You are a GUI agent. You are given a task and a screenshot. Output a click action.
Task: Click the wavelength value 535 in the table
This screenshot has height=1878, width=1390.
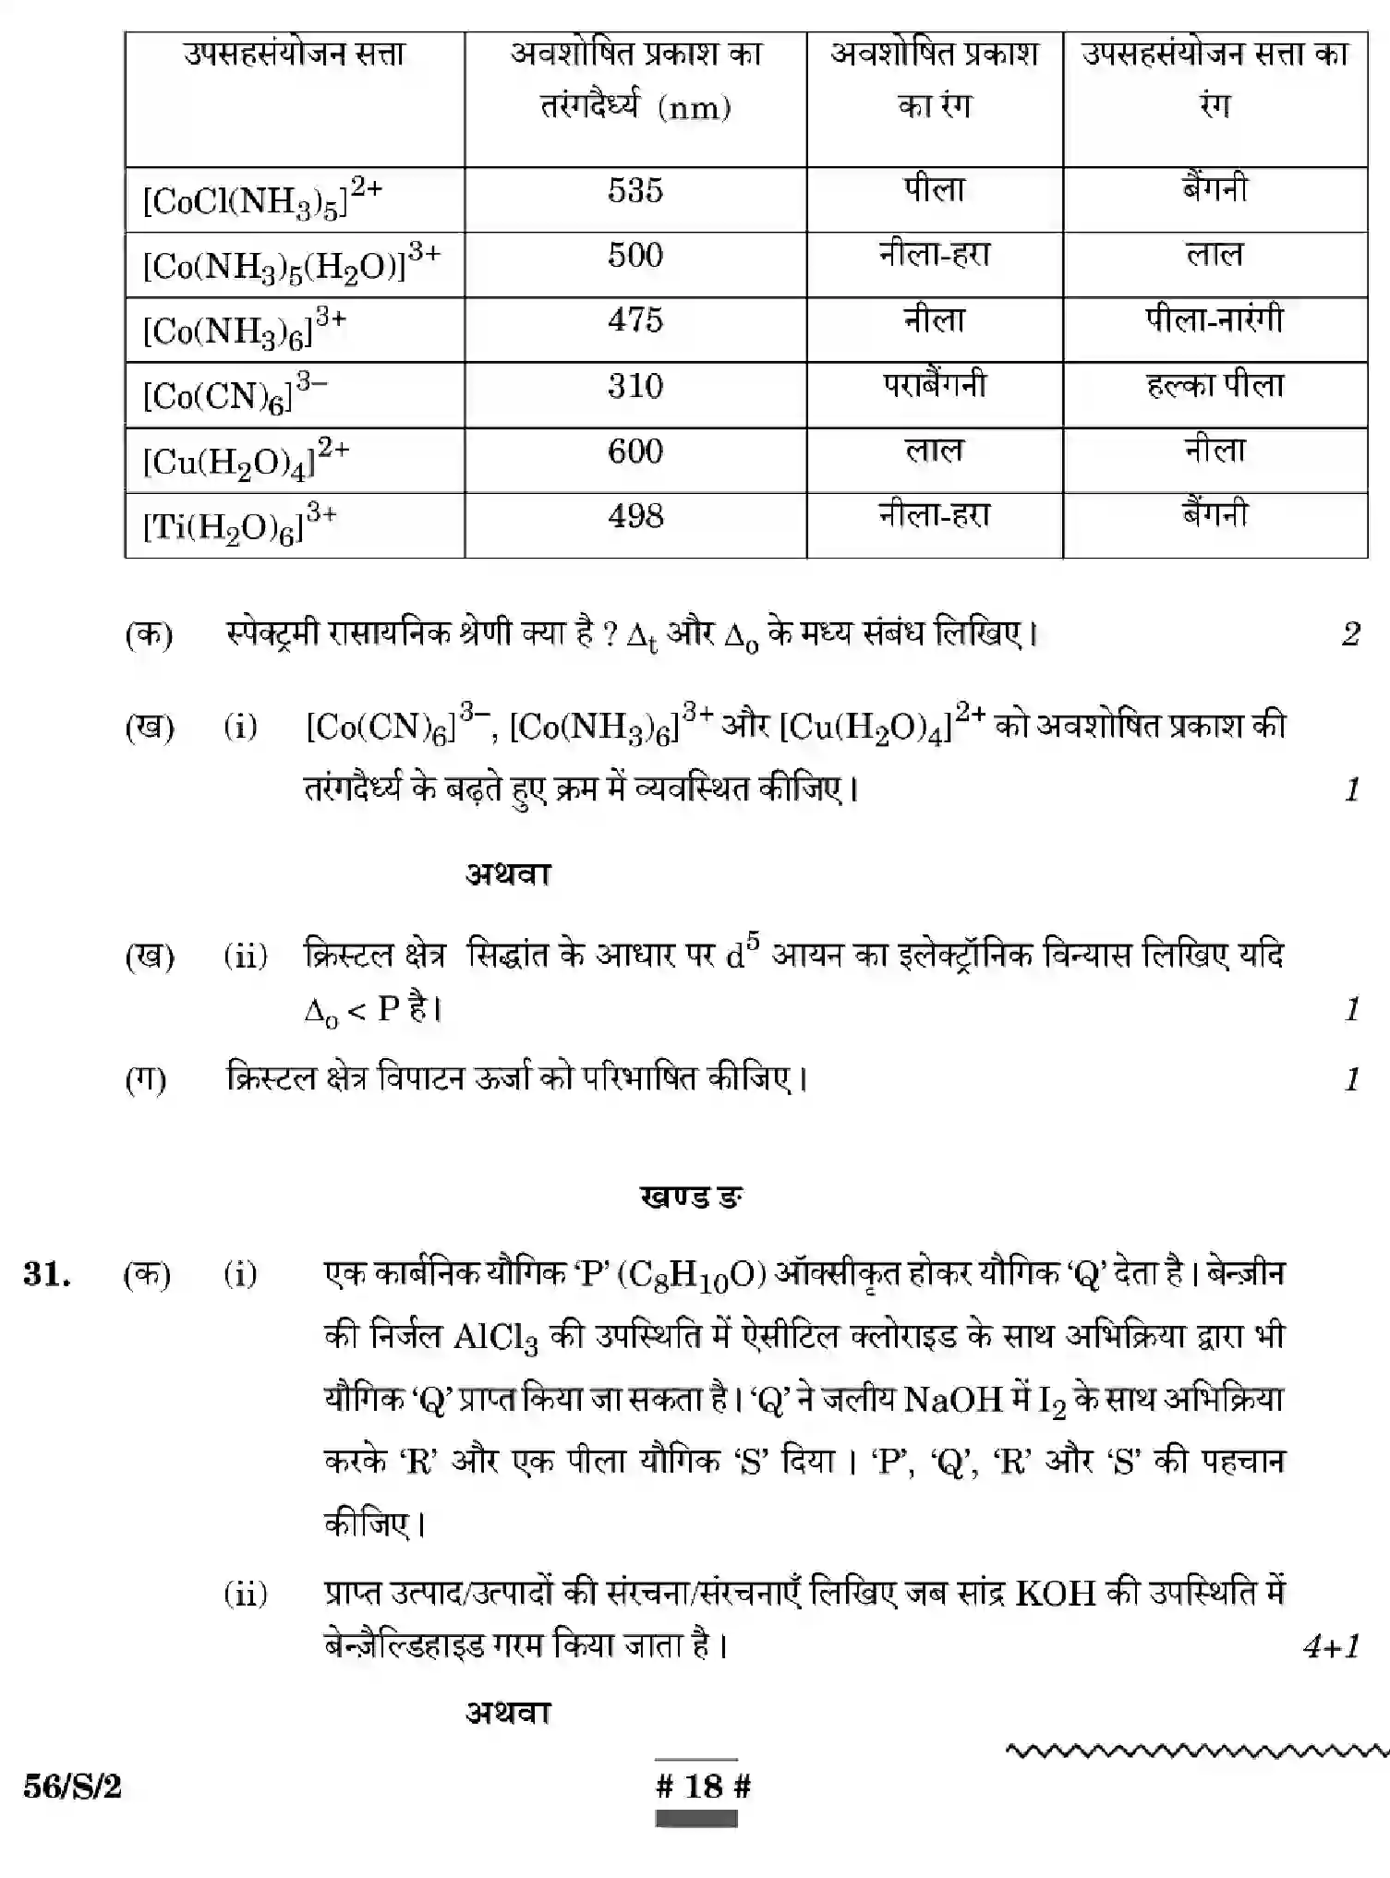[x=635, y=191]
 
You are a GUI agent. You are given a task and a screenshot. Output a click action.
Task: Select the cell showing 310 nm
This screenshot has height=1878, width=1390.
[x=635, y=386]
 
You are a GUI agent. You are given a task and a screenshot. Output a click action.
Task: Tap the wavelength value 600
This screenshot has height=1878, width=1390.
[x=635, y=451]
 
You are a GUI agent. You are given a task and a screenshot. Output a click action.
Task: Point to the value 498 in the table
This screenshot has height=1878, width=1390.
[x=635, y=516]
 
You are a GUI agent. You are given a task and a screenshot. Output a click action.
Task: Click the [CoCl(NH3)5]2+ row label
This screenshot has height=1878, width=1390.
[x=262, y=198]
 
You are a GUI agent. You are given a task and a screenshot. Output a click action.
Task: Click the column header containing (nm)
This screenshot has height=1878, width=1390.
[x=635, y=81]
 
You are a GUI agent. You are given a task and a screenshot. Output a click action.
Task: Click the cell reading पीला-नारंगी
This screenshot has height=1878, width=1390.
[x=1215, y=320]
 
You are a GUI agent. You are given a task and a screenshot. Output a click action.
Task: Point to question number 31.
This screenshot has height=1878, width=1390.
[x=47, y=1274]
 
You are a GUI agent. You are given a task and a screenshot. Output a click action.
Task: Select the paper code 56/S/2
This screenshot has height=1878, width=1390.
[x=72, y=1787]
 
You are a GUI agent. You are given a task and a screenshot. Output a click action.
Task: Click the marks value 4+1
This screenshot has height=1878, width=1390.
[x=1331, y=1646]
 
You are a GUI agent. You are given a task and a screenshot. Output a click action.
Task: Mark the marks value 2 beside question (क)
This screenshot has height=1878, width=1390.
[x=1350, y=634]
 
